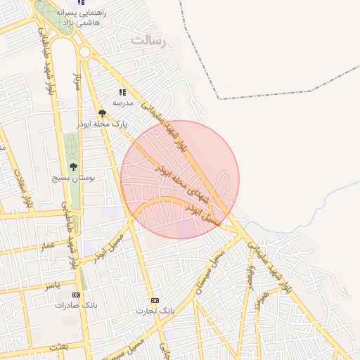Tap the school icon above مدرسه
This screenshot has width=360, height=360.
coord(122,92)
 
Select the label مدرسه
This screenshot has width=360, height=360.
coord(123,103)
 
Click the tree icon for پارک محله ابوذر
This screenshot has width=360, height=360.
coord(102,113)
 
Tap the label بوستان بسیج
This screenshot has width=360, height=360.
coord(72,179)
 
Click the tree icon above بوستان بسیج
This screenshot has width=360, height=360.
coord(72,167)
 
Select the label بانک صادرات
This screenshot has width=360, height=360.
coord(77,306)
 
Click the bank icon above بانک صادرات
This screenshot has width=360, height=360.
coord(77,295)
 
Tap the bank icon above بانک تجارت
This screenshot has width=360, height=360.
coord(155,300)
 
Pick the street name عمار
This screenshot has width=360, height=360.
coord(48,245)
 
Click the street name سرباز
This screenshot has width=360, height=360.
coord(77,83)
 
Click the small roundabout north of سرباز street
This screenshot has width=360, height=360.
coord(85,51)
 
